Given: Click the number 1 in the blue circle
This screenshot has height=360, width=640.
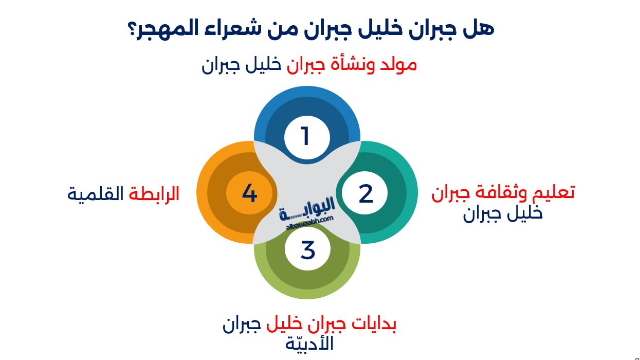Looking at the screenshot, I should click(x=306, y=137).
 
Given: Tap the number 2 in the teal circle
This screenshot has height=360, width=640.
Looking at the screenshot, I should click(x=365, y=194).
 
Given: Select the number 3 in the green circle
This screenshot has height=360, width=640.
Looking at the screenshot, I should click(x=307, y=250).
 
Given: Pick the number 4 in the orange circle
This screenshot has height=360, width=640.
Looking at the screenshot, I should click(x=249, y=193).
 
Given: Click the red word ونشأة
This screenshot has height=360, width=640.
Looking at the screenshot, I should click(x=353, y=65).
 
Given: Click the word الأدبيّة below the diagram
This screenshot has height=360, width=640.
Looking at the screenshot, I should click(x=309, y=344).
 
